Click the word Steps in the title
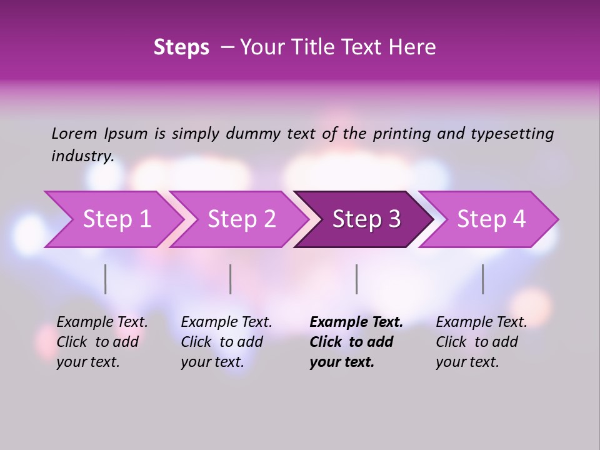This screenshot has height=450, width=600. pyautogui.click(x=181, y=47)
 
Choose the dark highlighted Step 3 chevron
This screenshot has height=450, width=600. pyautogui.click(x=366, y=219)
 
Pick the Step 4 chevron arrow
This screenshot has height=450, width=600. pyautogui.click(x=491, y=219)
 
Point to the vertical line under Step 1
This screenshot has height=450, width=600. pyautogui.click(x=106, y=279)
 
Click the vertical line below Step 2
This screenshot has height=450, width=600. pyautogui.click(x=231, y=279)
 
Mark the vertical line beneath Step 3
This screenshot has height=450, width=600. pyautogui.click(x=356, y=279)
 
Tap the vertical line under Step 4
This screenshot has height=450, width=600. pyautogui.click(x=483, y=279)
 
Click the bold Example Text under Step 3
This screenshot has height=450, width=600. pyautogui.click(x=356, y=322)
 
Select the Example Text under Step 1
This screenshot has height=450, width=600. pyautogui.click(x=102, y=322)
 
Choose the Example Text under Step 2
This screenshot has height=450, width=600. pyautogui.click(x=227, y=322)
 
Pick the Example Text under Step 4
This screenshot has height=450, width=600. pyautogui.click(x=482, y=322)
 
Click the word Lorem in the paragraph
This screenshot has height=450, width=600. pyautogui.click(x=74, y=134)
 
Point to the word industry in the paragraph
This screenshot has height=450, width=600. pyautogui.click(x=82, y=156)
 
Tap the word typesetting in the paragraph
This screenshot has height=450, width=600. pyautogui.click(x=512, y=134)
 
